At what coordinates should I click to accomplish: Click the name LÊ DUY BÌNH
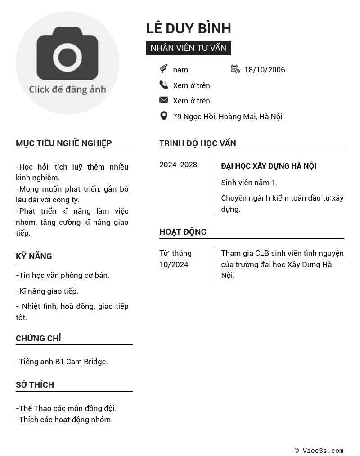(189, 28)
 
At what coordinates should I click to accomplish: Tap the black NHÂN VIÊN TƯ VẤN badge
(188, 48)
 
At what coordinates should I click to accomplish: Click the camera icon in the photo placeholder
(67, 53)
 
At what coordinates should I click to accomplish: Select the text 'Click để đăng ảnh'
(67, 89)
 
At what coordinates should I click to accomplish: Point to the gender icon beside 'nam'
(164, 69)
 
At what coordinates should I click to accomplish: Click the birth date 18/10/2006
(265, 70)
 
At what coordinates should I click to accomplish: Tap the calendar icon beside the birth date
(235, 69)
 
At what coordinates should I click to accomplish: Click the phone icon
(164, 85)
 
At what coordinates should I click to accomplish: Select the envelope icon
(164, 100)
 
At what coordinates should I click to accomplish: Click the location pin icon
(164, 116)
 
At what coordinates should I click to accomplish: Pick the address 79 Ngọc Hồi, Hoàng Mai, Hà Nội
(227, 116)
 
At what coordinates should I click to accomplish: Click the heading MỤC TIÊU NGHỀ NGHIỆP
(64, 143)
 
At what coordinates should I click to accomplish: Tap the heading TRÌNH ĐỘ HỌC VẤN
(198, 143)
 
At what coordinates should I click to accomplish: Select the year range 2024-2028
(178, 165)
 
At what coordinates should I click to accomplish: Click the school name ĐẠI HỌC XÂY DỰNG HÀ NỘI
(269, 166)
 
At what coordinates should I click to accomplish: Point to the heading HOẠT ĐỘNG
(183, 232)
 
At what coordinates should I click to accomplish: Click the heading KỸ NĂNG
(34, 256)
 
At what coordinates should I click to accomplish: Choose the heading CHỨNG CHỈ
(38, 339)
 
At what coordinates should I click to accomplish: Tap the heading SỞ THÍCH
(35, 385)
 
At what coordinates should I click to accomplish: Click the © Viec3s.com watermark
(319, 451)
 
